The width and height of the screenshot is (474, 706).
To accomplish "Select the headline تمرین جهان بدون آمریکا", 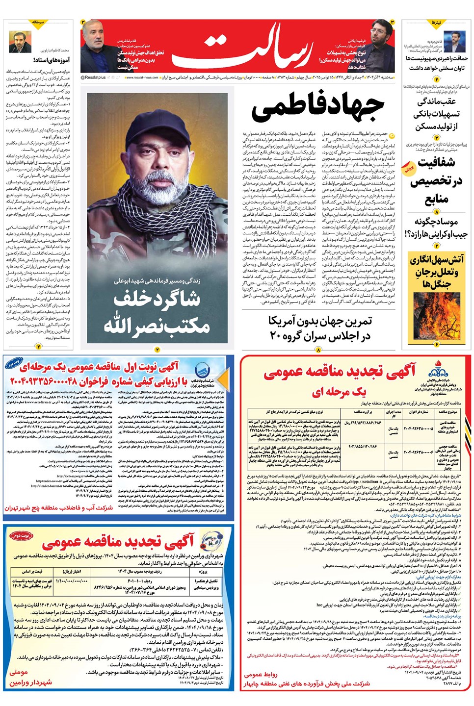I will coord(320,322).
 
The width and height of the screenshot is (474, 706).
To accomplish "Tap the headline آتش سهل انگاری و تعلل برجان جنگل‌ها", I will coord(436,271).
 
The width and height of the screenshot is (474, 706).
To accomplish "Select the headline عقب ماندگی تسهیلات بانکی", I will coord(436,114).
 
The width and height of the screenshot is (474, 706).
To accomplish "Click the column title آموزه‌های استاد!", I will coord(52,60).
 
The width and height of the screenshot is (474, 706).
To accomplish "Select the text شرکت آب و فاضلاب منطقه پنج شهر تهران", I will coord(59,508).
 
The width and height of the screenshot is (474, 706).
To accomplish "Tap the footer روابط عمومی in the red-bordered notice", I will coord(261,675).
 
